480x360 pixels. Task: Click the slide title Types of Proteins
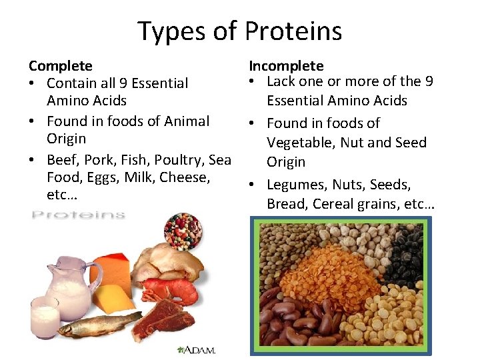click(239, 31)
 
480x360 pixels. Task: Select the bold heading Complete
click(61, 66)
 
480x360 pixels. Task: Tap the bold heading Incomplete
click(286, 66)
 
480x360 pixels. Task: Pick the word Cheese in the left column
click(187, 177)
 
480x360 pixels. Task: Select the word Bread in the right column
click(286, 203)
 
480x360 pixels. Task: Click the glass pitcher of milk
click(69, 287)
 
